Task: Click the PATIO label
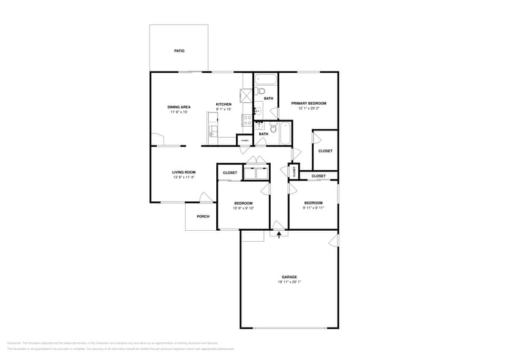click(179, 51)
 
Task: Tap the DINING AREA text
click(179, 107)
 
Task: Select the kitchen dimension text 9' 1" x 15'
click(224, 110)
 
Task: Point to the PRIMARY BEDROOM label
click(308, 103)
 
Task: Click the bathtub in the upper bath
click(266, 80)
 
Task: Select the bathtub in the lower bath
click(285, 133)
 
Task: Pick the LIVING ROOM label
click(183, 172)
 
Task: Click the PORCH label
click(203, 217)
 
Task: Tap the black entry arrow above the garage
click(279, 233)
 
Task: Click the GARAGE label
click(288, 277)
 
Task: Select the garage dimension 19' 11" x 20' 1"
click(288, 282)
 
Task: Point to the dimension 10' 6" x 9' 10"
click(243, 208)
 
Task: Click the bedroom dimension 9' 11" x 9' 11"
click(313, 208)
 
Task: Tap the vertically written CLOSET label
click(294, 172)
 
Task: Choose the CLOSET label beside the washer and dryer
click(230, 173)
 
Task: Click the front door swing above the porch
click(206, 197)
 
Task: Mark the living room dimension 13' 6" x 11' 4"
click(183, 178)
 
